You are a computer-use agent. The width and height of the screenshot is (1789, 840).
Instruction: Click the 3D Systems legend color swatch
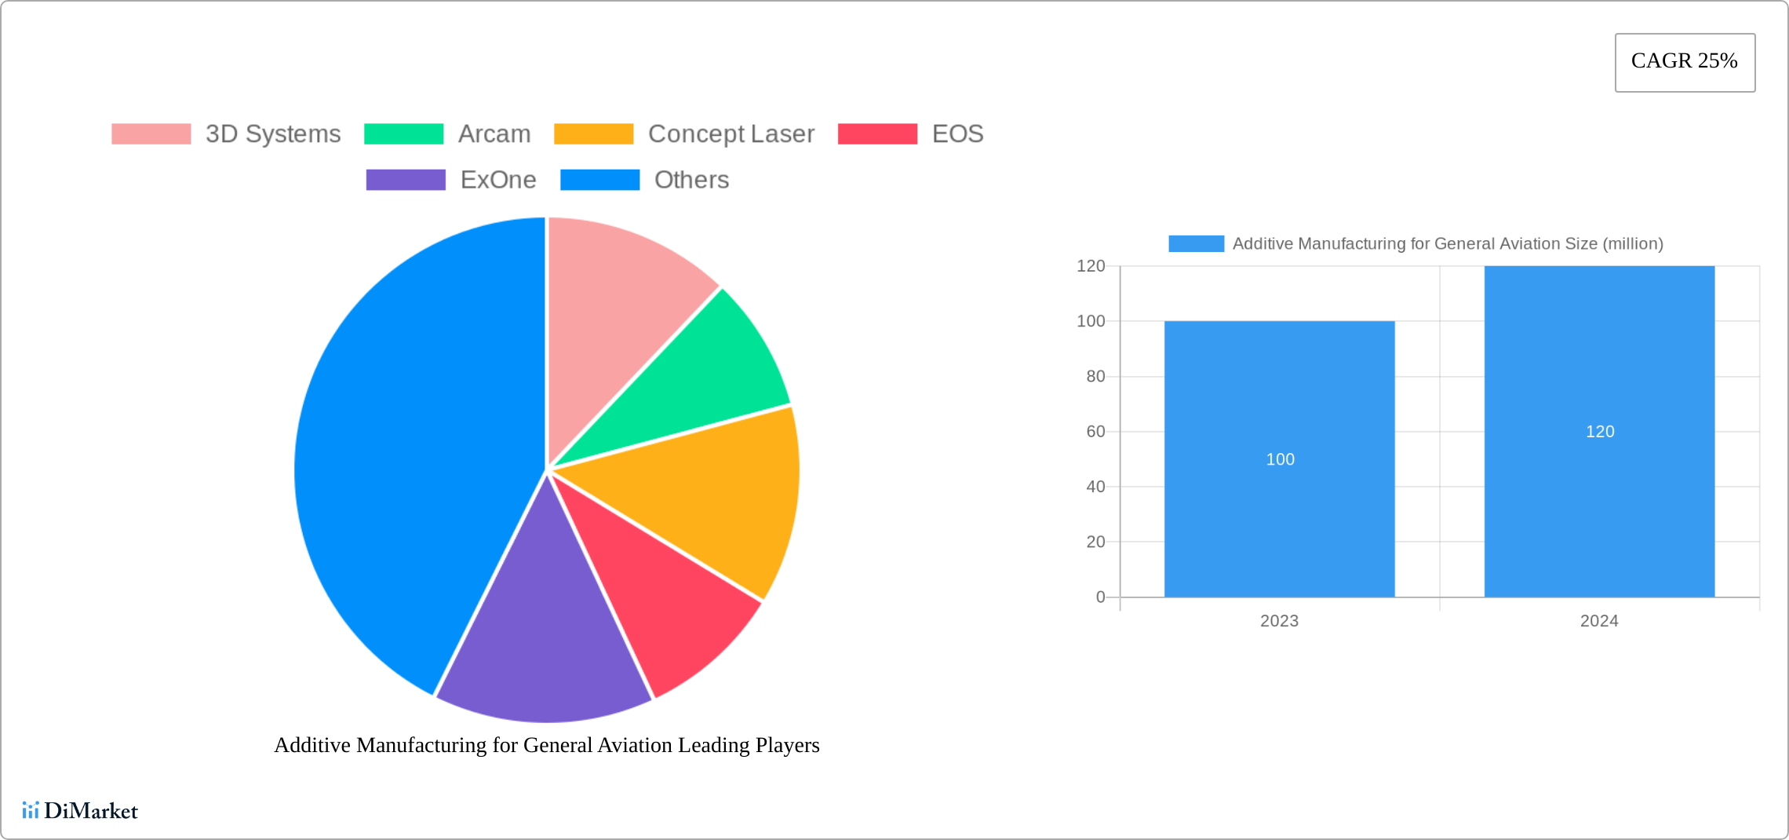pos(151,134)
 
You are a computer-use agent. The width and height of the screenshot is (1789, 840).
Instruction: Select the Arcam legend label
pos(494,134)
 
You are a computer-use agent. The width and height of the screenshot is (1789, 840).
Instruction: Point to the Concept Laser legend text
pos(731,134)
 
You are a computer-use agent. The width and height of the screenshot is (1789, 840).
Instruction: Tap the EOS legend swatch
pos(877,134)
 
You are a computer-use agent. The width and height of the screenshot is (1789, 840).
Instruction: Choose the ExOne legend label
pos(498,180)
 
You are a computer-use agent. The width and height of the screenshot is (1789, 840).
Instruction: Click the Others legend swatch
pos(600,180)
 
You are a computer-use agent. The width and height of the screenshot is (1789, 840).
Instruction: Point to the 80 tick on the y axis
pos(1095,377)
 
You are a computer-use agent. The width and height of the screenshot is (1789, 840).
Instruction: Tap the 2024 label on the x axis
pos(1599,621)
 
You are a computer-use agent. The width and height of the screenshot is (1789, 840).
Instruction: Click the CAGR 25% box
pos(1685,62)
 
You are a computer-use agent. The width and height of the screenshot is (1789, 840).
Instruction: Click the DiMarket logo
pos(80,810)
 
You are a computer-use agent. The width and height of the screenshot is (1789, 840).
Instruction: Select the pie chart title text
pos(547,745)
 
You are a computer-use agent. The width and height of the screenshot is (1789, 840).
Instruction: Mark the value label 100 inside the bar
pos(1280,459)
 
